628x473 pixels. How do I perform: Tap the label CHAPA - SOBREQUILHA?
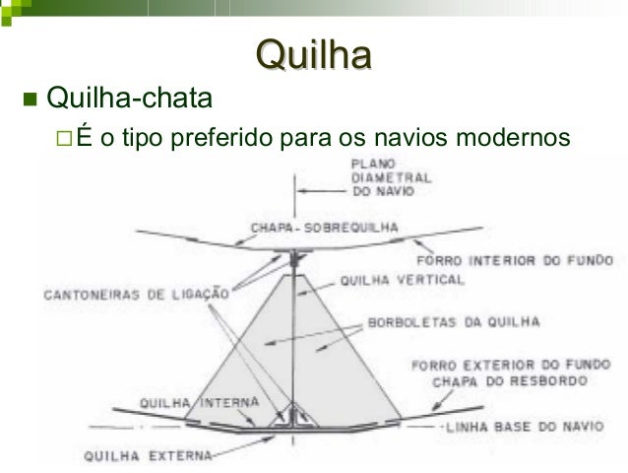(x=325, y=226)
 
